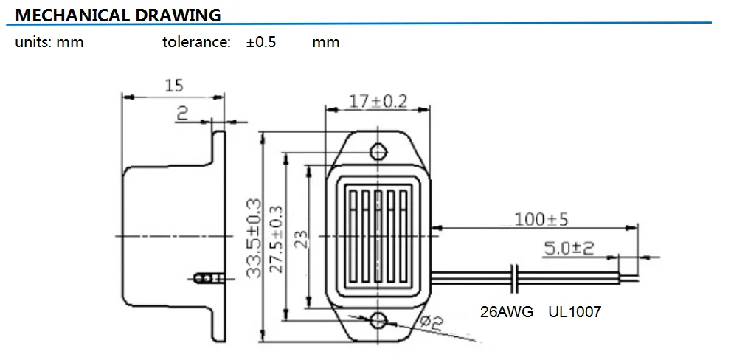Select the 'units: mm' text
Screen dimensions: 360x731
49,42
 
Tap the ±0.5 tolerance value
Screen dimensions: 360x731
261,42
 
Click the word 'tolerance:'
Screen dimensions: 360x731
197,42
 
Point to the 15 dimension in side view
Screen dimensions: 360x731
173,86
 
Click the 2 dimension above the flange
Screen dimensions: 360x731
182,112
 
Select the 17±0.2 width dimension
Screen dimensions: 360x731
378,101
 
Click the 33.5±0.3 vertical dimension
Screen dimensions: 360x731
254,237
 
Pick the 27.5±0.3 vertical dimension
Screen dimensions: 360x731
277,237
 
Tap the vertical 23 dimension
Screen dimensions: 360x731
299,237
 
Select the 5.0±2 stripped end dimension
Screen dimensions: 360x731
569,249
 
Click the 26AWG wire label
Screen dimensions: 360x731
507,312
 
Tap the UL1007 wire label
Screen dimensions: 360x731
575,312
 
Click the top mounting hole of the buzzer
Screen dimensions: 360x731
378,152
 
